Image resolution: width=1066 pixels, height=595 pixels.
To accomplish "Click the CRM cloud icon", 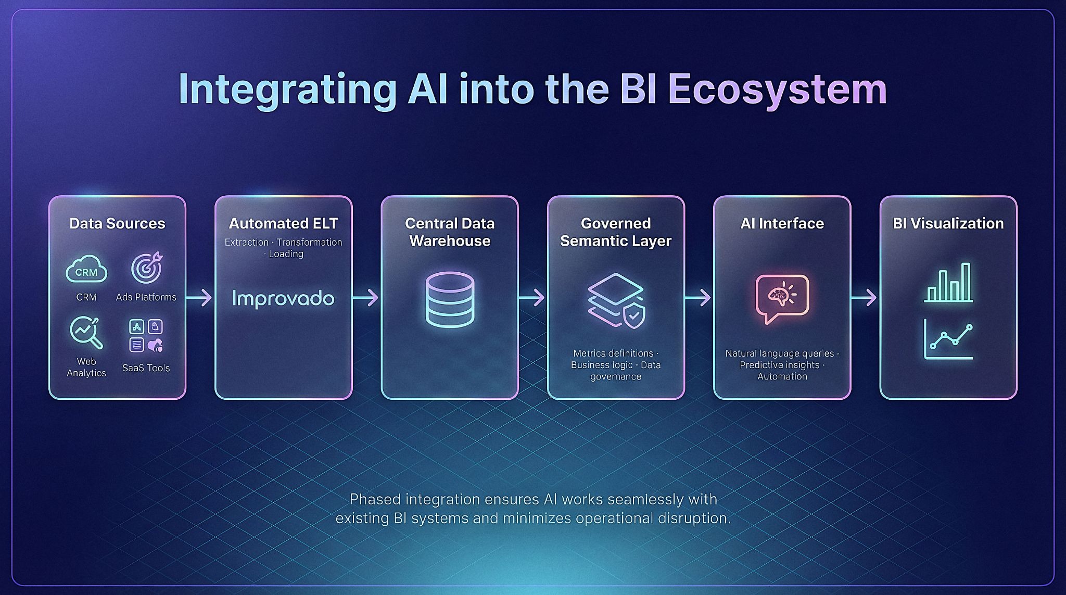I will [x=86, y=269].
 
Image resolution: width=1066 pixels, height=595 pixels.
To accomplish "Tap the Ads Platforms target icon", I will [x=146, y=268].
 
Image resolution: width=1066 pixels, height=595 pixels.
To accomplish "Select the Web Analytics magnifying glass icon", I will [x=86, y=333].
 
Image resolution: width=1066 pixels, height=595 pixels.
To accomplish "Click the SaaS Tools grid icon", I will [x=146, y=336].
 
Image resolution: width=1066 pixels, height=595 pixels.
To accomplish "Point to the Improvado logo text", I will [x=283, y=299].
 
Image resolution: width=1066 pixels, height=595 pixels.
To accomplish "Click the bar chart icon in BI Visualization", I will [x=948, y=283].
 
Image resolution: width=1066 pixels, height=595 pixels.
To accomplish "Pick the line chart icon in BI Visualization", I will [x=948, y=339].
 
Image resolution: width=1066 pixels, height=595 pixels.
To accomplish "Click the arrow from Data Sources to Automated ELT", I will [x=199, y=298].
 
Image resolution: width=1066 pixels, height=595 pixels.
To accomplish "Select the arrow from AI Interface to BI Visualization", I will [x=865, y=298].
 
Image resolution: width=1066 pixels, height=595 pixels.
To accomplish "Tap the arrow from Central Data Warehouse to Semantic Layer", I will [x=532, y=298].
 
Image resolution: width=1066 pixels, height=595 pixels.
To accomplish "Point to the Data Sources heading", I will [x=117, y=223].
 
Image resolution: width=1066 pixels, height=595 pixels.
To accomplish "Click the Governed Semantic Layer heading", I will [x=616, y=232].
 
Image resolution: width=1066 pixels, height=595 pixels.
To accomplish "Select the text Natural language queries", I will [x=779, y=353].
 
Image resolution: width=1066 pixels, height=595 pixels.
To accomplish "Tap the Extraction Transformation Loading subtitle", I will [x=283, y=248].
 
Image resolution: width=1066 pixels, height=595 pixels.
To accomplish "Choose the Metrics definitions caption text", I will [x=613, y=353].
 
